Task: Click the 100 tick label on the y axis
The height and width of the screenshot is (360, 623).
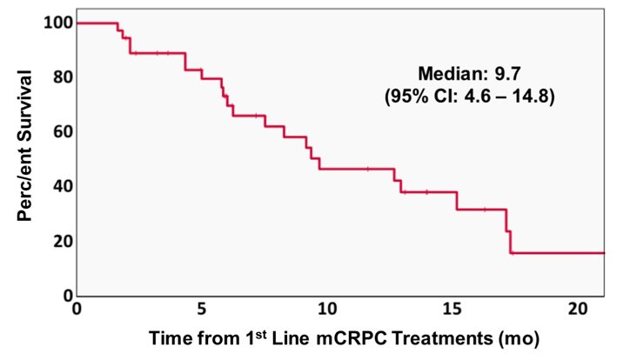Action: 58,23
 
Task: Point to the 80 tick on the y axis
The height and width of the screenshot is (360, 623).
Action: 64,77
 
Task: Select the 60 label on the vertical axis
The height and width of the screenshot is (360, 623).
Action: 64,131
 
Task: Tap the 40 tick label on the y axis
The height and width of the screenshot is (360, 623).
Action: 64,186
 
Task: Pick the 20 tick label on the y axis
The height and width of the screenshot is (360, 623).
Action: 64,241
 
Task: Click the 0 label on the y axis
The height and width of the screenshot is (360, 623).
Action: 69,295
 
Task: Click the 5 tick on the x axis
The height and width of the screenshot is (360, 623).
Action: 202,309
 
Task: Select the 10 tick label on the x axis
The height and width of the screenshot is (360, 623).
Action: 327,309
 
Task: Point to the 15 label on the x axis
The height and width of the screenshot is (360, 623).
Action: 452,309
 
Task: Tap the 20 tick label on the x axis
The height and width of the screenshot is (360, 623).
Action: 578,309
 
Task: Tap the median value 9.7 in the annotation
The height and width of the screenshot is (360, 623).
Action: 507,74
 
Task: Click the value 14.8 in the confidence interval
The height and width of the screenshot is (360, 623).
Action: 530,97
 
